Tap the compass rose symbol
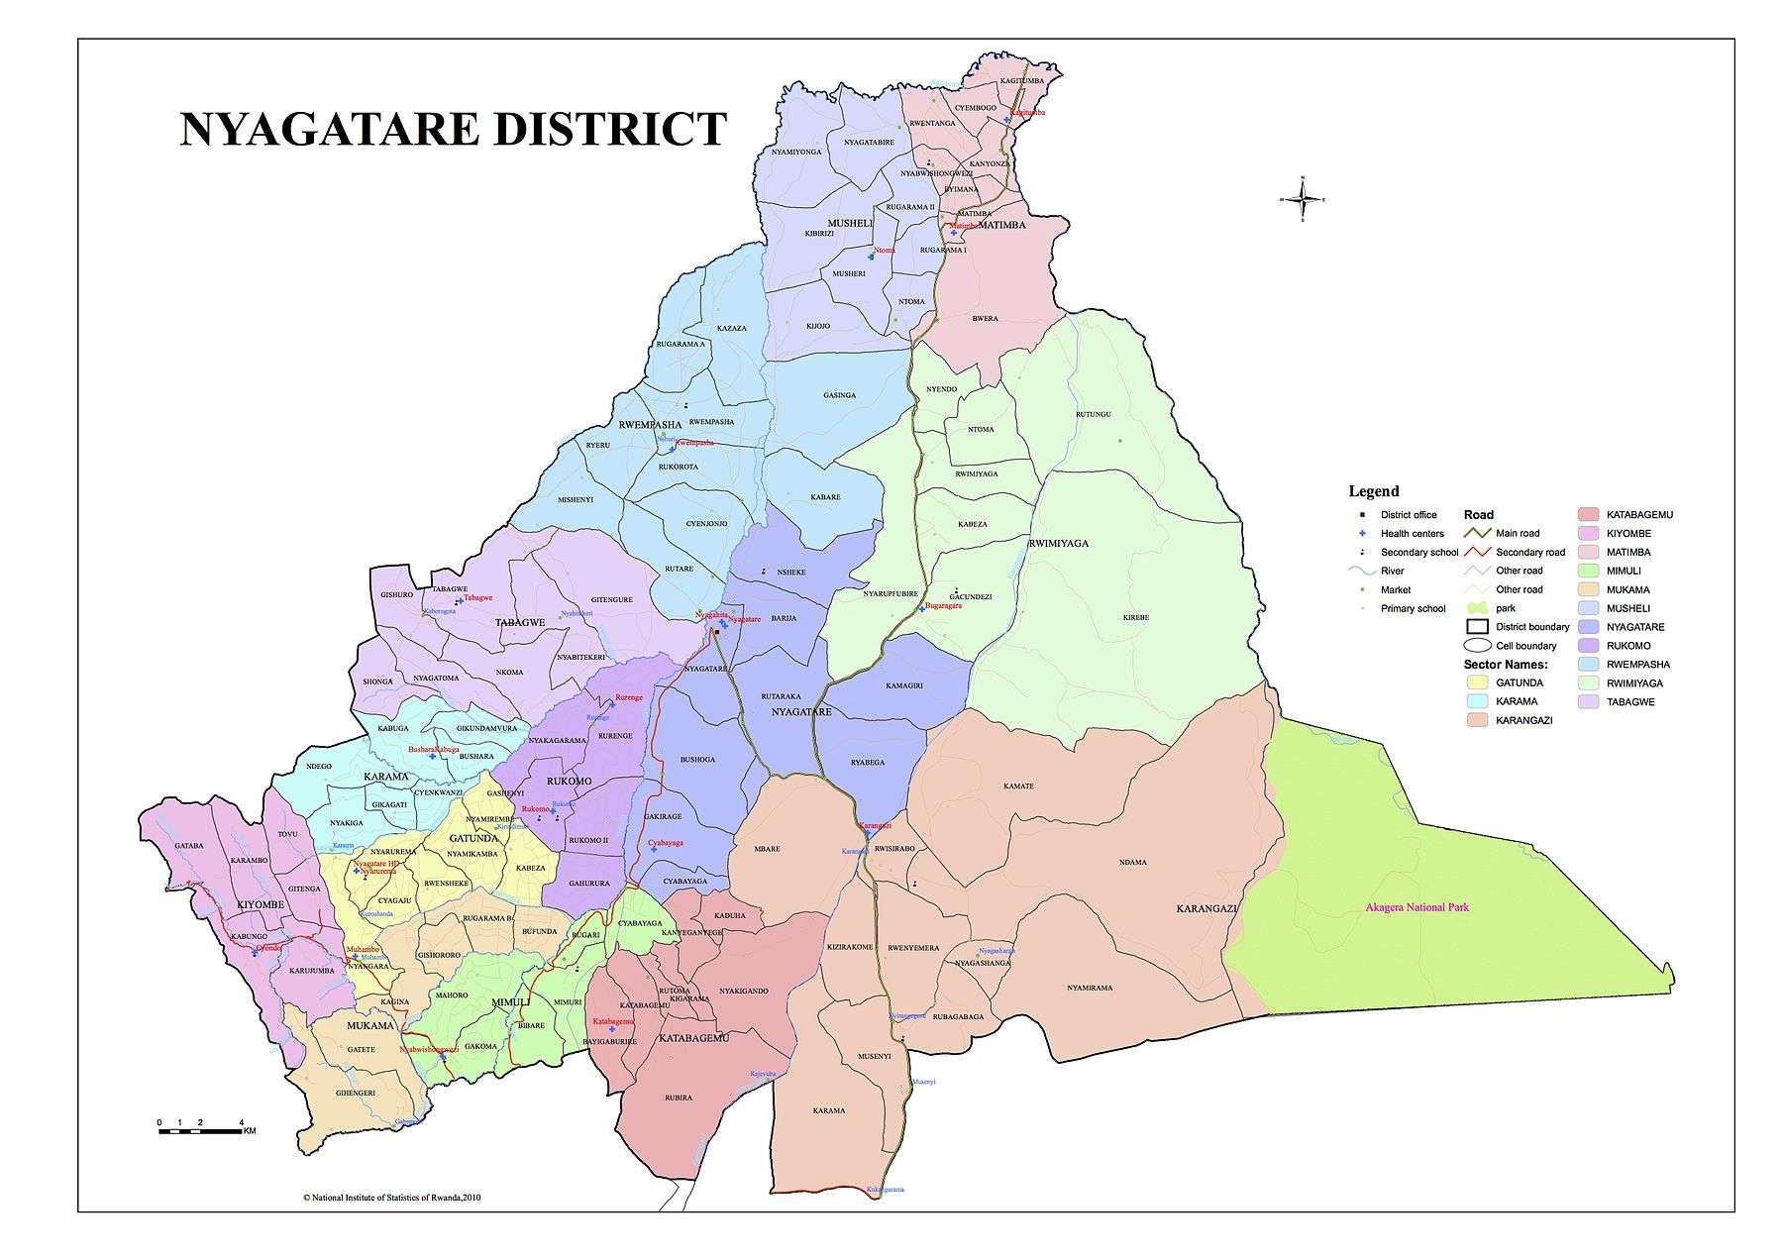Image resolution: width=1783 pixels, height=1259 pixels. (1302, 199)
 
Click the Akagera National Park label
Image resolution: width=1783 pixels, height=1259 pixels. (1416, 906)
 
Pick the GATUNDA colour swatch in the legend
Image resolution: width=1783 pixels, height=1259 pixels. (1477, 682)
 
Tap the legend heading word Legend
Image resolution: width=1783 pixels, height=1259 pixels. (1374, 491)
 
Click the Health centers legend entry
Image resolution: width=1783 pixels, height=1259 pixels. (1412, 534)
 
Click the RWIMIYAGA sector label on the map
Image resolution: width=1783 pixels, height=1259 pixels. (1058, 543)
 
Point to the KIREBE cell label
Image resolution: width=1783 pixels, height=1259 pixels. (1136, 617)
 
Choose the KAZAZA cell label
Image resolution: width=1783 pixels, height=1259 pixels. (731, 328)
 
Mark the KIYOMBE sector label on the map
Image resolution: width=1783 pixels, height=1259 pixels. (261, 905)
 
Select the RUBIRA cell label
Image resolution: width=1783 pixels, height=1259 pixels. (679, 1098)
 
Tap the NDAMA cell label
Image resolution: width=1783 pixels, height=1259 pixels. (1133, 862)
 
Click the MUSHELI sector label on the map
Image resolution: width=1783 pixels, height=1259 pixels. (849, 224)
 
